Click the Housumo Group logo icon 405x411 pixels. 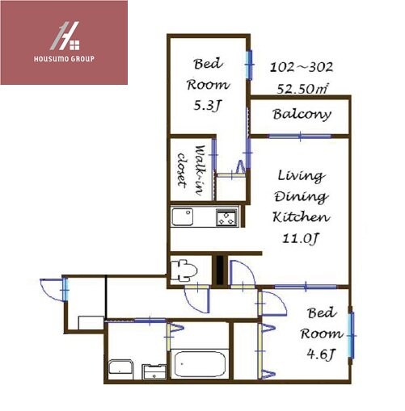click(x=65, y=36)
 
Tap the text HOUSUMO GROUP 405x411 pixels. click(x=64, y=59)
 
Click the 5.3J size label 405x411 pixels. click(x=208, y=106)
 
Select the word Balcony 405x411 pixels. click(x=302, y=114)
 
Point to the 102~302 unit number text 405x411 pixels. click(x=302, y=67)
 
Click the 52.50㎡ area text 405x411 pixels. click(x=302, y=89)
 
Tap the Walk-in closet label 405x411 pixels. click(x=191, y=170)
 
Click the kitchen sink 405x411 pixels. click(x=183, y=216)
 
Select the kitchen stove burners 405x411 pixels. click(x=227, y=217)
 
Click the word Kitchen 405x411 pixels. click(x=302, y=217)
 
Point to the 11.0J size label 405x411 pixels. click(x=301, y=238)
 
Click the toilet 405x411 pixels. click(x=184, y=271)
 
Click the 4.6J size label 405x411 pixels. click(x=321, y=354)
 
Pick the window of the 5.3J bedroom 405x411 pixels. click(x=250, y=65)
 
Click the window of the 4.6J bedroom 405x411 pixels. click(x=351, y=335)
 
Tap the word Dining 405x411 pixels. click(x=302, y=197)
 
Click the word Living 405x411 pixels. click(x=301, y=176)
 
